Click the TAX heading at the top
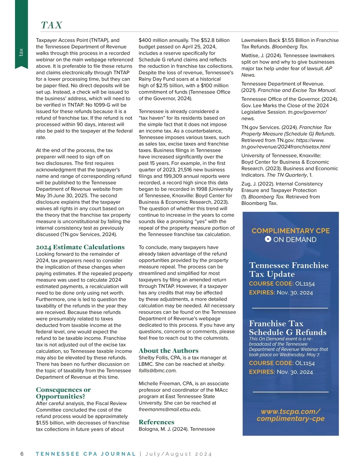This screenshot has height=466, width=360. (52, 25)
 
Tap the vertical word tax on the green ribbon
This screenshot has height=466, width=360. (21, 52)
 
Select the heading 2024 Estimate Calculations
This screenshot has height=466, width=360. (80, 247)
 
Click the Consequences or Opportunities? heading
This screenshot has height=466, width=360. (63, 393)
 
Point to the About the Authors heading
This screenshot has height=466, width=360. (168, 350)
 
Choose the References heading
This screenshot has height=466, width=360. (156, 422)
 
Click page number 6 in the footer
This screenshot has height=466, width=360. (22, 454)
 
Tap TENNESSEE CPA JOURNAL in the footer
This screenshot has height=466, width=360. (85, 454)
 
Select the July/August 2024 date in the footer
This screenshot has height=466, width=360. (178, 454)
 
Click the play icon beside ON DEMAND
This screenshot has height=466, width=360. (268, 239)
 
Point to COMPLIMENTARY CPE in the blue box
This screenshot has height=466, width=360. (290, 231)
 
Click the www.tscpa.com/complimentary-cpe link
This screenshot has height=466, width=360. (290, 415)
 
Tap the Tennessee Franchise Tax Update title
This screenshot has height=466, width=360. (288, 269)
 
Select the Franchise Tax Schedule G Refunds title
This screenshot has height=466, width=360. (287, 328)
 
